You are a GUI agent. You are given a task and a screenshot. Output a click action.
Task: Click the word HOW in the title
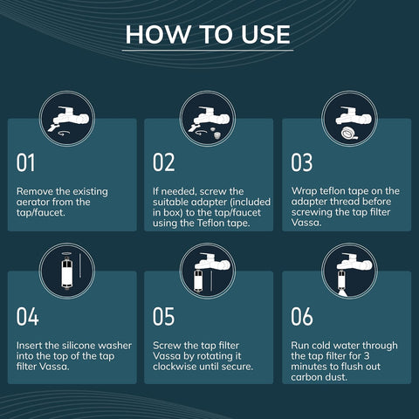158,34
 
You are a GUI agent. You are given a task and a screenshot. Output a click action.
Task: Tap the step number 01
25,162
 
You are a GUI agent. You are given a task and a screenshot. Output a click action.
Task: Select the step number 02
164,162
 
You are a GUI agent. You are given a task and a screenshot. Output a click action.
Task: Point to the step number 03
302,162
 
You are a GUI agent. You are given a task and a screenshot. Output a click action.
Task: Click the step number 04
27,316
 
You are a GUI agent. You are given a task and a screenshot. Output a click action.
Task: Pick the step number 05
164,316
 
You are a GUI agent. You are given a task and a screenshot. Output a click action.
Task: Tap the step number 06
302,316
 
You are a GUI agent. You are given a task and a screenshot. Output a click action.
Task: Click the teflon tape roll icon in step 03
348,133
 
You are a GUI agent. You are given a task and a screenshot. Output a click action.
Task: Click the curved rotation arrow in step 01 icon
64,133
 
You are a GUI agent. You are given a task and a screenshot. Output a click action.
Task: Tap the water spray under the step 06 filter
343,292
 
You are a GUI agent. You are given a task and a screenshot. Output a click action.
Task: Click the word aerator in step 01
33,202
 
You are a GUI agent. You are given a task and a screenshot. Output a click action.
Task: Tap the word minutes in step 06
310,367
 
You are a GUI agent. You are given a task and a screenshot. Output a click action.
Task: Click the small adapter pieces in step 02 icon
216,132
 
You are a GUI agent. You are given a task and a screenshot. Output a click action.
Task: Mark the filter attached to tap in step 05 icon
198,280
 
